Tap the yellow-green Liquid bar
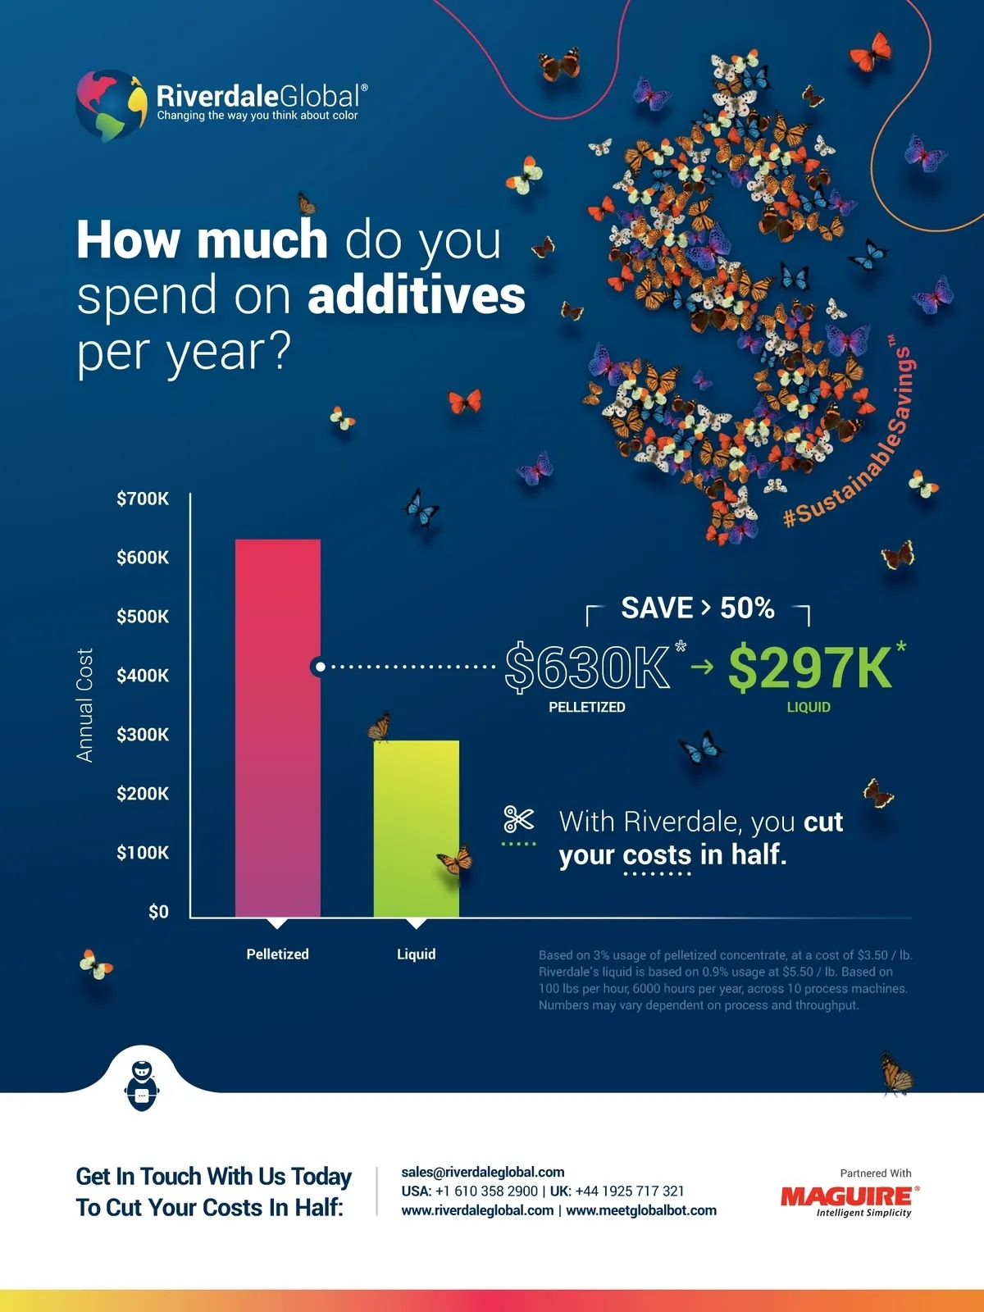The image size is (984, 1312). point(416,828)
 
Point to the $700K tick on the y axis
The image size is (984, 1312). point(143,499)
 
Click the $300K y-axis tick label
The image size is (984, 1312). point(143,735)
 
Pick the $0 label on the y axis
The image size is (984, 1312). point(158,912)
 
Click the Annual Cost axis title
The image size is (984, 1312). point(84,705)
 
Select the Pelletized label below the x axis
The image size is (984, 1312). point(277,954)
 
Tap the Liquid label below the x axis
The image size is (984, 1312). point(416,954)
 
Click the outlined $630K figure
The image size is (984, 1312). point(587,667)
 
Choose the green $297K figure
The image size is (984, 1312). point(809,667)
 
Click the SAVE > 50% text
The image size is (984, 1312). point(697,608)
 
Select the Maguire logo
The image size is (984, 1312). point(850,1198)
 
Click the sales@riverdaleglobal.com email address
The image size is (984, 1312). point(483,1173)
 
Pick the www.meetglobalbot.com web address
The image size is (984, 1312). point(641,1210)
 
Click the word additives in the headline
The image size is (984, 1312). point(417,296)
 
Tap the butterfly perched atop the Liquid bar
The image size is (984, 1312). point(380,725)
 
